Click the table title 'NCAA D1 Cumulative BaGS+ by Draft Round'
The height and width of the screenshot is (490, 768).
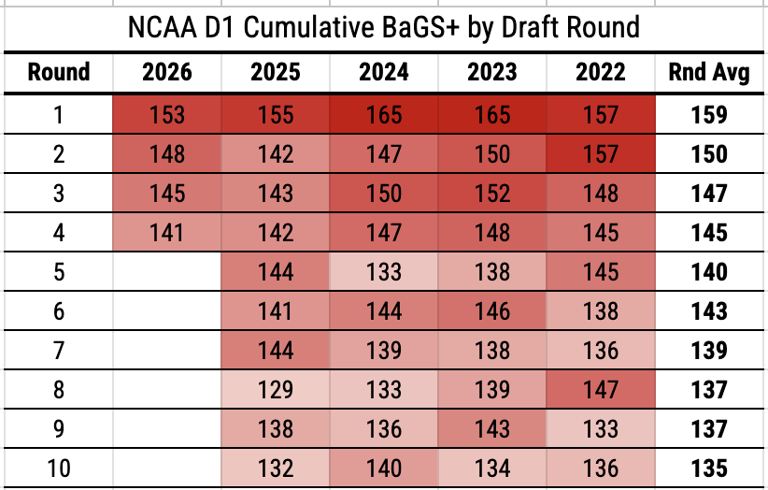click(383, 27)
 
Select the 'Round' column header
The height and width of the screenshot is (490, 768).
click(59, 72)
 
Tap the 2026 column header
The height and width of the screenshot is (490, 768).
click(167, 72)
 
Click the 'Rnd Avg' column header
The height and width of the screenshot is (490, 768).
click(709, 73)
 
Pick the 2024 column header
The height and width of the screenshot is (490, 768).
click(383, 72)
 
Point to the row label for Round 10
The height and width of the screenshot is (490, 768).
click(59, 468)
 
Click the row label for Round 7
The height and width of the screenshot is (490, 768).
click(59, 351)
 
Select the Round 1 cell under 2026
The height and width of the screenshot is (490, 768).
click(167, 115)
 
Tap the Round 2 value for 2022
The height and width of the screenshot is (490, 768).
click(601, 154)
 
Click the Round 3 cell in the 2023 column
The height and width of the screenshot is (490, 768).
click(492, 193)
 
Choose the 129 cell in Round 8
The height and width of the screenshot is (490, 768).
click(276, 390)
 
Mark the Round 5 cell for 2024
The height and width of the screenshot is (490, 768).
click(383, 272)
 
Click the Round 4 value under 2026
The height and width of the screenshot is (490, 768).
click(167, 232)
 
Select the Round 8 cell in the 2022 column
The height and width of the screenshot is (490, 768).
click(601, 390)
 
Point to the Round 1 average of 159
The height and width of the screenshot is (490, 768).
click(709, 115)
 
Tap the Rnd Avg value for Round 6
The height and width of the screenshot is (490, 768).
click(709, 311)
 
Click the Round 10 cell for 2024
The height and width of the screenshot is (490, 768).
click(383, 468)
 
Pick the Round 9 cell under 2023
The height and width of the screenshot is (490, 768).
click(492, 428)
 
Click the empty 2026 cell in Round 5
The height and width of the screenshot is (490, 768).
click(167, 272)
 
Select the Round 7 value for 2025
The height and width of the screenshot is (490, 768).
click(276, 351)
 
